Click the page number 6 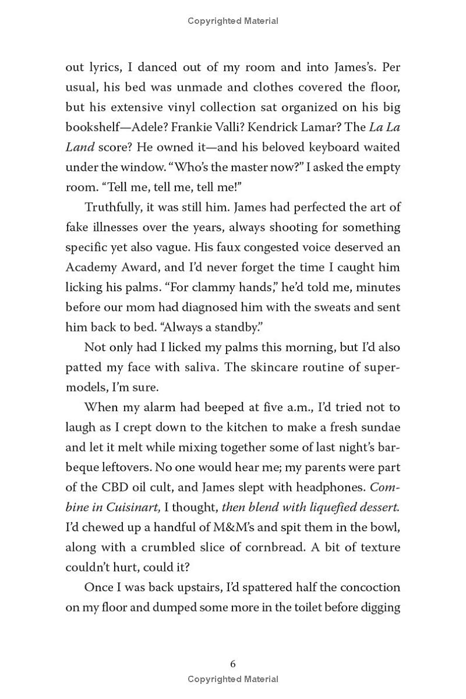(233, 663)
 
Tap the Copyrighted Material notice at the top (233, 21)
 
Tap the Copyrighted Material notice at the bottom (233, 679)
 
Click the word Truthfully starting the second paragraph (114, 207)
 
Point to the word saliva (188, 368)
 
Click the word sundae (380, 427)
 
